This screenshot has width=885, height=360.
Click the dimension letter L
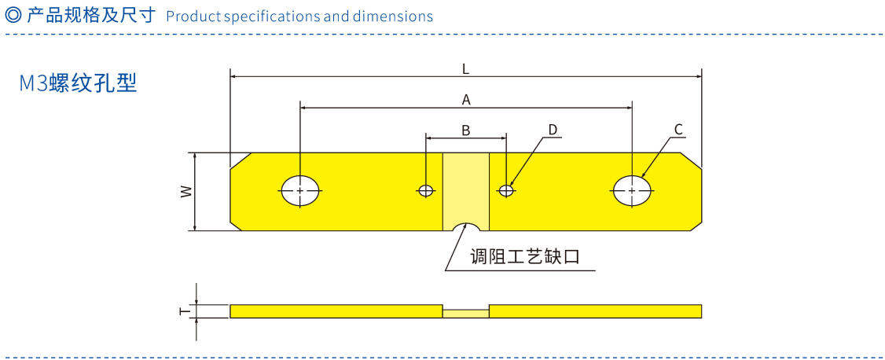466,68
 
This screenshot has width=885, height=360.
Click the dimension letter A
466,99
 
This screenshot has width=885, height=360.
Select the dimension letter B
465,130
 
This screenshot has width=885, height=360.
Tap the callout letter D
553,129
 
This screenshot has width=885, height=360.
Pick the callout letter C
678,129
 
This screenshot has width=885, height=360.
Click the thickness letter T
184,311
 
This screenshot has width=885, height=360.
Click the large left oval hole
301,190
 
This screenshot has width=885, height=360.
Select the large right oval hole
633,190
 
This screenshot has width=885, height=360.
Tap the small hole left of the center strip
426,190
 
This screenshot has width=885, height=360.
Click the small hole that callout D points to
507,190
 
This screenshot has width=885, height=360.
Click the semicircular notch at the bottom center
466,226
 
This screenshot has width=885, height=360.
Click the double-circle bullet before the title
13,16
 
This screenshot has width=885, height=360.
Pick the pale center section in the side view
466,312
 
